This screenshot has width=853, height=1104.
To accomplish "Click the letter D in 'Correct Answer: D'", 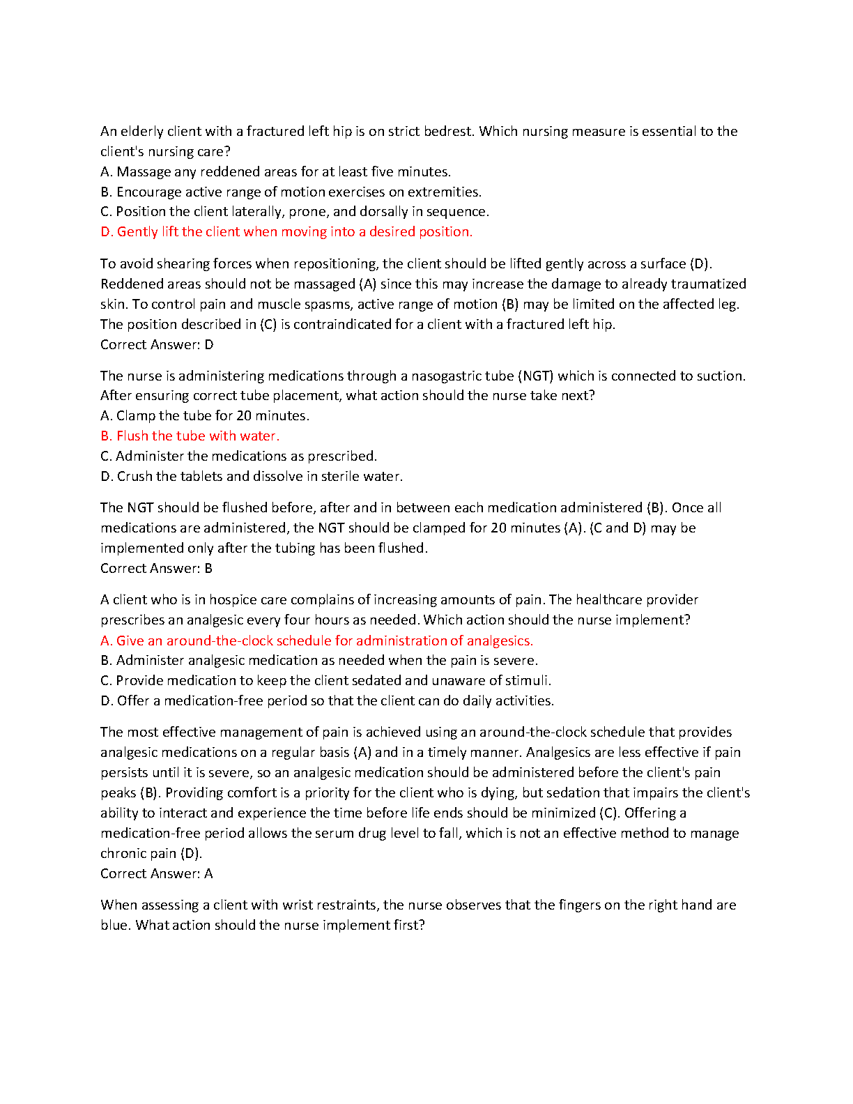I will (x=209, y=345).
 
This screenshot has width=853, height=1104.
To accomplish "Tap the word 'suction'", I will (x=721, y=376).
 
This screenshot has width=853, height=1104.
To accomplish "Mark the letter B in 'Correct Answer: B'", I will (x=208, y=569).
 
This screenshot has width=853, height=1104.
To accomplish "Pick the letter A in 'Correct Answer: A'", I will (x=208, y=874).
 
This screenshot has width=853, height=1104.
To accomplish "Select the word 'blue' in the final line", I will (x=114, y=926).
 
